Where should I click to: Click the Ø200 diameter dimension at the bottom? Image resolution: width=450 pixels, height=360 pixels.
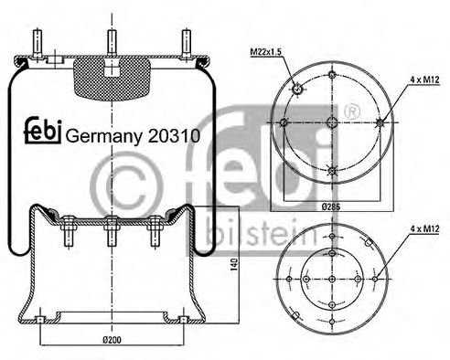click(x=110, y=340)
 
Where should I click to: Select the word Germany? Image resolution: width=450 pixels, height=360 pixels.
click(x=102, y=136)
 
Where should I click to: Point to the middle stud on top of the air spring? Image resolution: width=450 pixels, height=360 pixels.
click(x=111, y=41)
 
